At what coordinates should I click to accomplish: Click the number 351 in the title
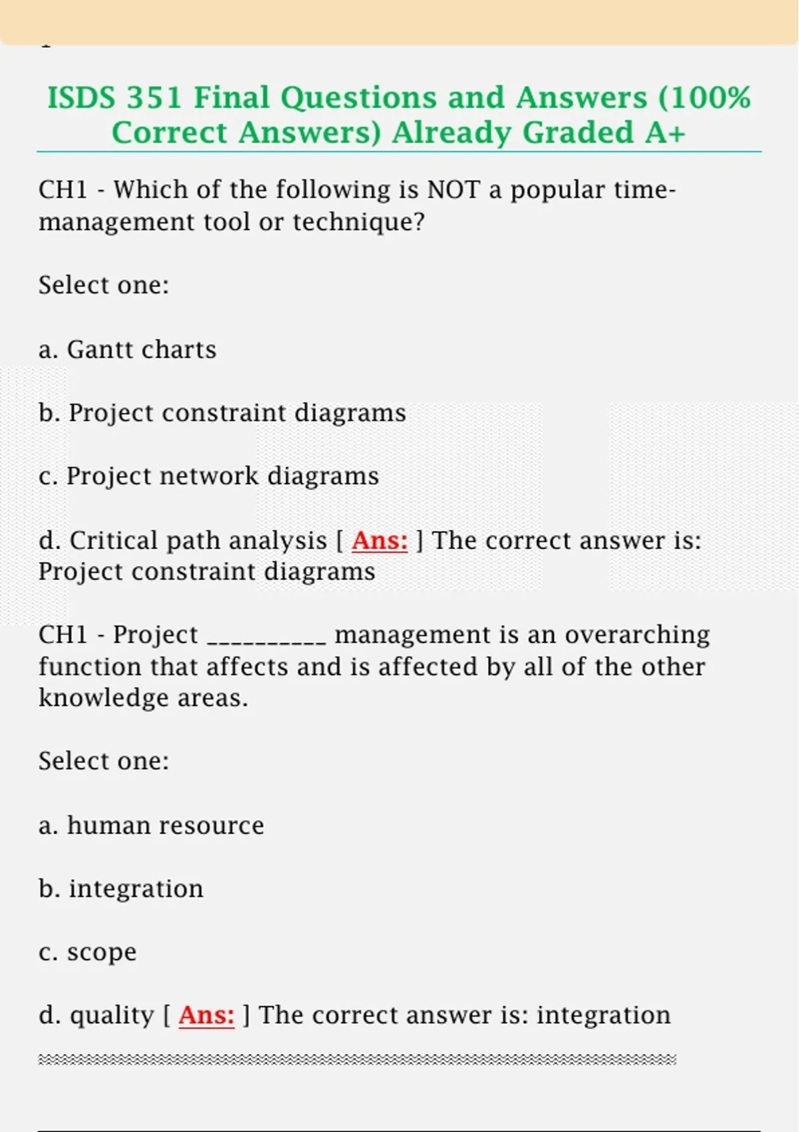[154, 98]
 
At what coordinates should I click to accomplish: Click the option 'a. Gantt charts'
[127, 350]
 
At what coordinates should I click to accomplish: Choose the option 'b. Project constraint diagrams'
[222, 413]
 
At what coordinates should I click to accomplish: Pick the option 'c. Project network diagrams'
[208, 476]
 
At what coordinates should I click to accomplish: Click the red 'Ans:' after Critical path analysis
[380, 541]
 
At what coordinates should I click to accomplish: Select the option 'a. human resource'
[151, 826]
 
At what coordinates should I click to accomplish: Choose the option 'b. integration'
[121, 889]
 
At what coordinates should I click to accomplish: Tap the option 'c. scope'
[87, 952]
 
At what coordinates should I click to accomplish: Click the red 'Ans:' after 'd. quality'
[206, 1015]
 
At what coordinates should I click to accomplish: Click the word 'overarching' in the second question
[637, 635]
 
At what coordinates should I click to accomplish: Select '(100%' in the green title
[704, 98]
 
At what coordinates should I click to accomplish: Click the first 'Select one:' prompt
[104, 286]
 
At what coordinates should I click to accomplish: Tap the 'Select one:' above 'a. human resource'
[104, 761]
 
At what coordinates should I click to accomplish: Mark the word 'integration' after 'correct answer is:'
[603, 1015]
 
